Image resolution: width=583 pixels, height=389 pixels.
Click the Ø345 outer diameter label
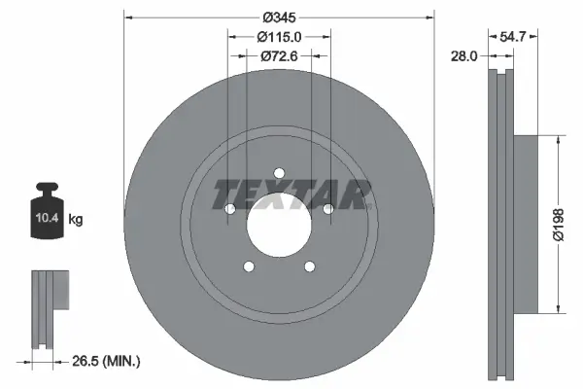pos(279,17)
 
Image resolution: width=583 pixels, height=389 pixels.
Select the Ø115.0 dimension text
pos(279,36)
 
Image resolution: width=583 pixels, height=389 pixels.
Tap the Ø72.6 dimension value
pos(279,55)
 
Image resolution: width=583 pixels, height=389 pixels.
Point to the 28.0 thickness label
pos(464,56)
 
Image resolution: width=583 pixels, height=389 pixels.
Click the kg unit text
pos(76,220)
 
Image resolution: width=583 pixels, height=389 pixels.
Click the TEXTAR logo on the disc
pos(292,194)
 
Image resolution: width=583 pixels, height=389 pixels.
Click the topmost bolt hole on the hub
pos(279,175)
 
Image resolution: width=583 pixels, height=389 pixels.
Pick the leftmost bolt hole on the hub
pos(230,210)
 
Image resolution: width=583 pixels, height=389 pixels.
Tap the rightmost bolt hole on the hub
pos(327,209)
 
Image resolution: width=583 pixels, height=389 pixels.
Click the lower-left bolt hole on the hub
pos(249,267)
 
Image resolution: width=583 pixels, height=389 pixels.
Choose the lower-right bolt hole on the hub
pos(309,267)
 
